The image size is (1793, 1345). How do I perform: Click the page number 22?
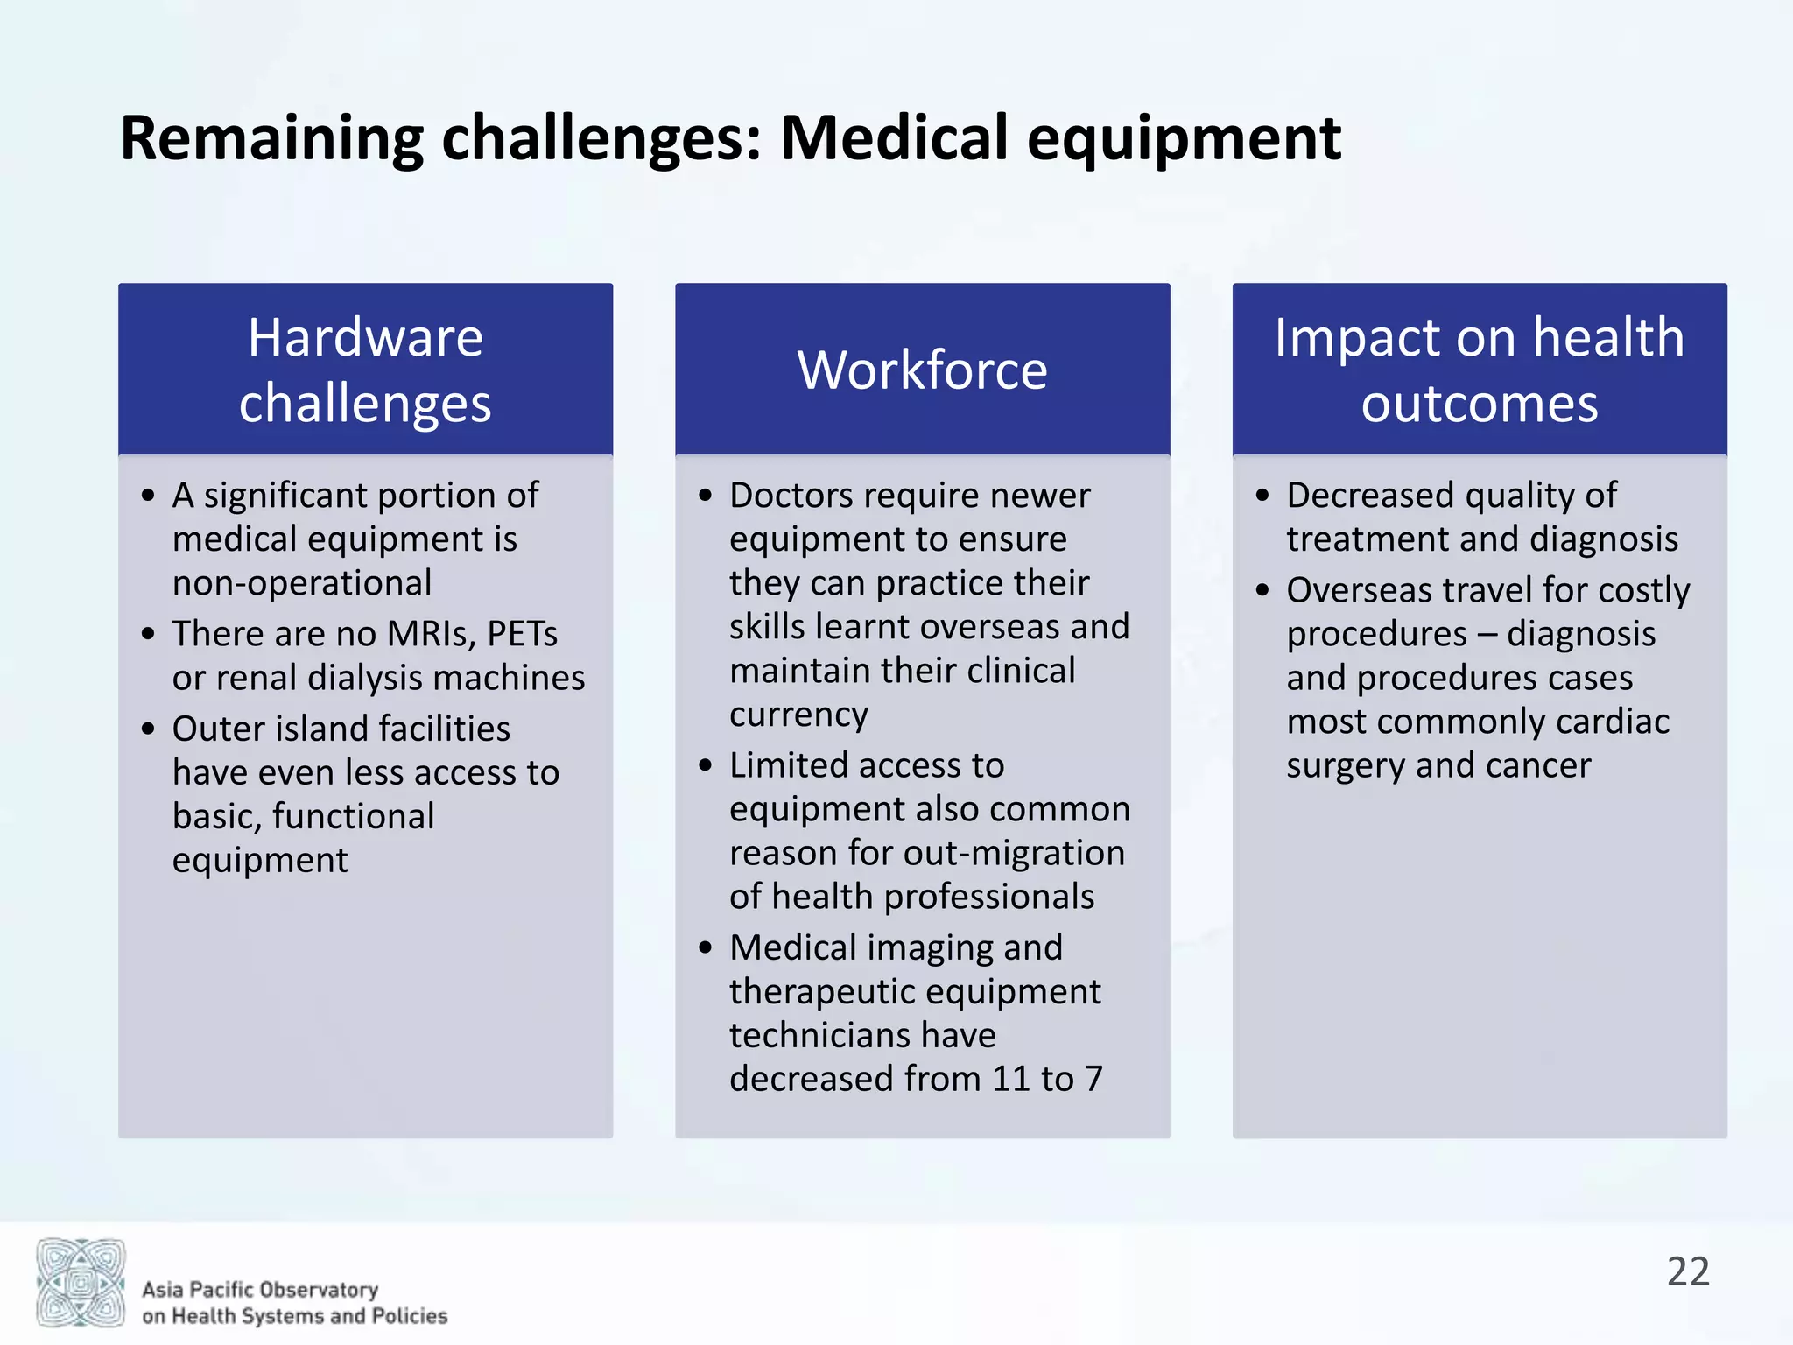tap(1687, 1271)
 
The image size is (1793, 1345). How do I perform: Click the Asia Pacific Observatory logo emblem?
tap(81, 1283)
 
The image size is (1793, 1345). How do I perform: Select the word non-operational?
tap(302, 583)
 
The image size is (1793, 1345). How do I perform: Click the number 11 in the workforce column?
tap(1011, 1079)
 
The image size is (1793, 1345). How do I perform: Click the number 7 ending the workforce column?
tap(1093, 1079)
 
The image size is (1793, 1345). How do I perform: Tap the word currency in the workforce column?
tap(798, 715)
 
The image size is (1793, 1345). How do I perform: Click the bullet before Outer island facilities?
tap(148, 729)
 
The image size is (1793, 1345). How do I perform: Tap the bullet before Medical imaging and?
tap(706, 947)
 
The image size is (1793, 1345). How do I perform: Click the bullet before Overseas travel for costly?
tap(1262, 590)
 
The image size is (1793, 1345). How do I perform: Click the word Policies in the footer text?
tap(410, 1316)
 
